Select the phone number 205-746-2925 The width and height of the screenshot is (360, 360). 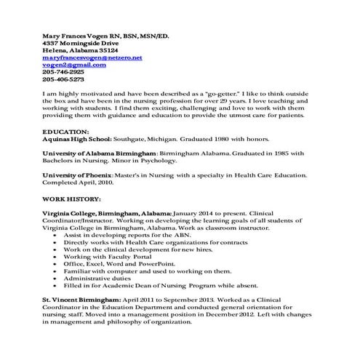pyautogui.click(x=63, y=73)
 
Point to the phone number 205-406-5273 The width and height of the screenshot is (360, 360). pyautogui.click(x=63, y=81)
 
